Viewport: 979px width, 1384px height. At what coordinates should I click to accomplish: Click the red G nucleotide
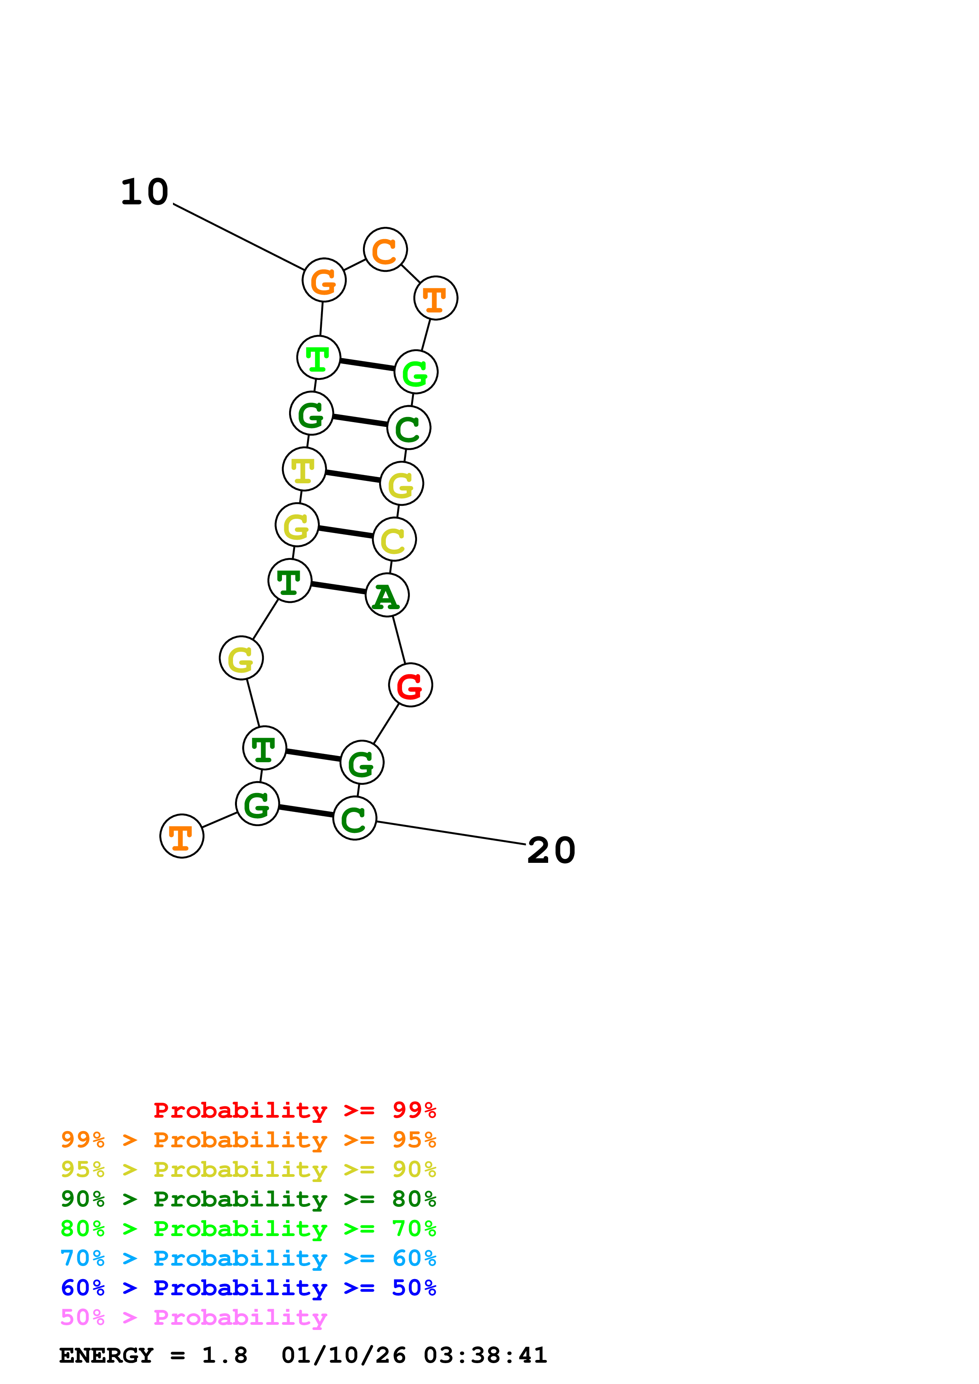(x=410, y=685)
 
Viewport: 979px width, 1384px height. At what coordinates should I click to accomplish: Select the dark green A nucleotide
(x=387, y=595)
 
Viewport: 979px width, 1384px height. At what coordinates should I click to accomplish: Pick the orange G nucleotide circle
(x=324, y=280)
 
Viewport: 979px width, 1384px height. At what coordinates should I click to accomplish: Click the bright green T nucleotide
(x=318, y=357)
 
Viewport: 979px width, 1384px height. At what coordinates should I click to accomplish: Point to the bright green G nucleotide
(x=415, y=372)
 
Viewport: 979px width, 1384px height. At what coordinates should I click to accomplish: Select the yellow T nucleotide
(x=304, y=469)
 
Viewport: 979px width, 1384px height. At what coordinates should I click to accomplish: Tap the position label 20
(x=551, y=851)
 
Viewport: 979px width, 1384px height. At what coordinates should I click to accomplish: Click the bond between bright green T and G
(x=367, y=365)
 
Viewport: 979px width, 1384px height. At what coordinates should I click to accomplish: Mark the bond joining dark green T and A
(x=338, y=588)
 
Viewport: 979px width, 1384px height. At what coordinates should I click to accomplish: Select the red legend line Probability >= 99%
(x=294, y=1110)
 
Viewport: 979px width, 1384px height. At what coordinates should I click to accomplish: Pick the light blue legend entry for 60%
(x=248, y=1258)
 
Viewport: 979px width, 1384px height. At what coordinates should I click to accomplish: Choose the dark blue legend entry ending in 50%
(x=248, y=1288)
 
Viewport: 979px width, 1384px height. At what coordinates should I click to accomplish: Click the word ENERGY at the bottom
(x=106, y=1355)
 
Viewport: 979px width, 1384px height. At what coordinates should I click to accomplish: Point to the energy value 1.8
(x=224, y=1355)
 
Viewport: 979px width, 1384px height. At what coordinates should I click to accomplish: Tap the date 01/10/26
(x=343, y=1355)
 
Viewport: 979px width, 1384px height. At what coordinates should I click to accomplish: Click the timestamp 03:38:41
(x=485, y=1355)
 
